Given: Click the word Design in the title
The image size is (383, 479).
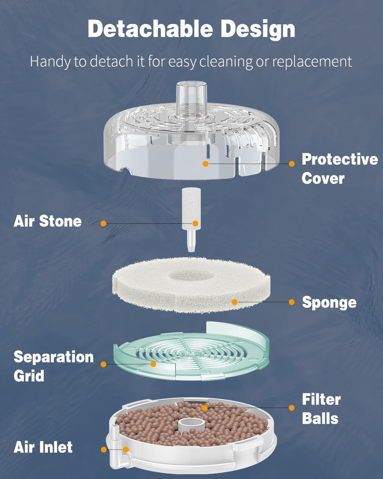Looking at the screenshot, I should point(258,29).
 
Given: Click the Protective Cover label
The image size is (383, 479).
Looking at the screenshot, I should point(339,168).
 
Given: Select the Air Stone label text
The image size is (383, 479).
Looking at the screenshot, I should point(48,221).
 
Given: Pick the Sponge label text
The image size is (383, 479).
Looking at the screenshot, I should point(329,302).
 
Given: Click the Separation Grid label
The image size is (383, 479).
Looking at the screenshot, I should point(53,366).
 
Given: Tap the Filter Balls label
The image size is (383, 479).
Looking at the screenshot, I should point(321,409).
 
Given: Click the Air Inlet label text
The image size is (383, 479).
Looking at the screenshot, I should point(43,447).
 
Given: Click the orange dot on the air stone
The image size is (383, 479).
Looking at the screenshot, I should point(195,223).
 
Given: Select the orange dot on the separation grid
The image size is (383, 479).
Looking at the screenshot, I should point(153,364).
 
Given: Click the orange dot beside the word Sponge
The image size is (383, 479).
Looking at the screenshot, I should point(292,302).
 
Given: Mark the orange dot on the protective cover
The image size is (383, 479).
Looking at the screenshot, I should point(205,164).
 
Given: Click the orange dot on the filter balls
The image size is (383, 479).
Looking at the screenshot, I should point(204,408).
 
